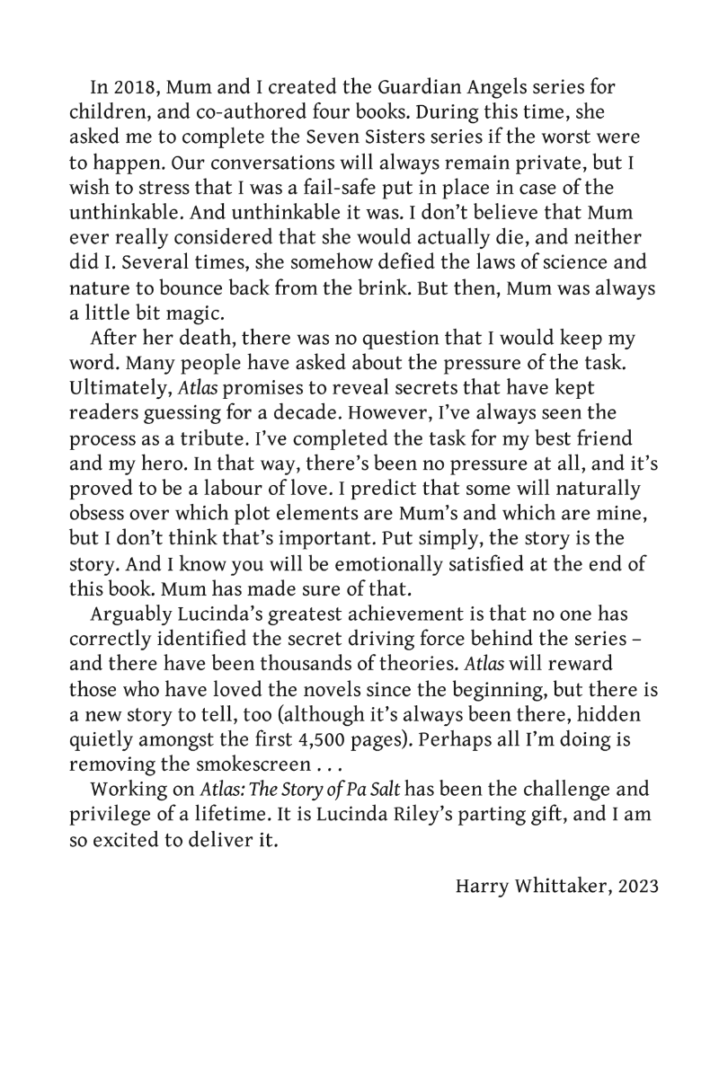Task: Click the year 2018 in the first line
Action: tap(128, 89)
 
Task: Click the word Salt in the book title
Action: tap(379, 764)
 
